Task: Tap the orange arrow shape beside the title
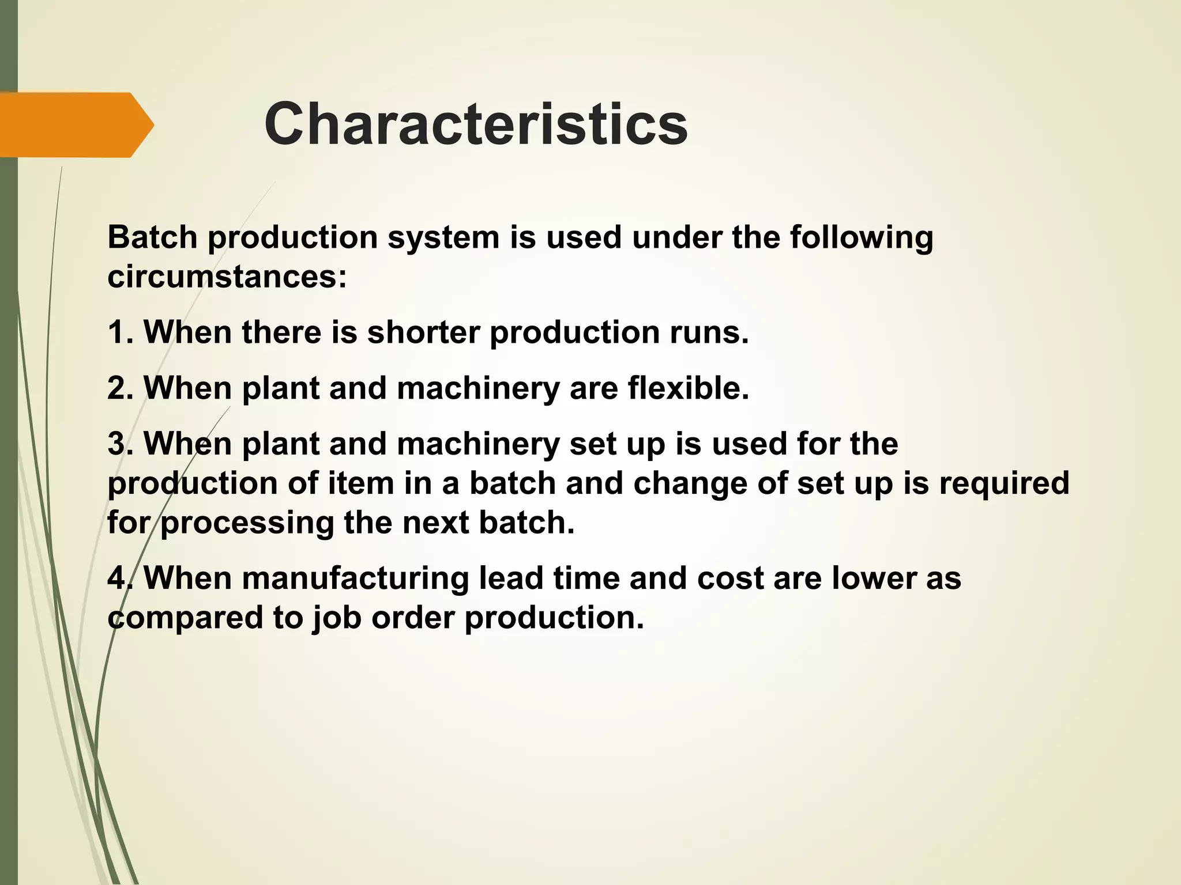point(75,124)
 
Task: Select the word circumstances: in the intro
point(227,277)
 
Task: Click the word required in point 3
point(1004,483)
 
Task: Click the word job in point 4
point(337,618)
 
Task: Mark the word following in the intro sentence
point(862,237)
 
